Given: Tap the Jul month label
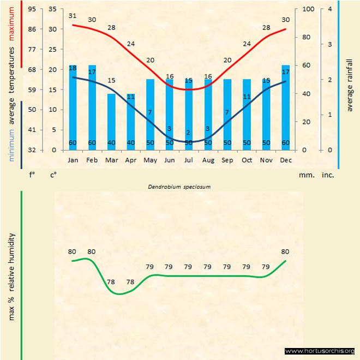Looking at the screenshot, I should coord(189,160).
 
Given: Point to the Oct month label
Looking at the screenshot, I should coord(247,160).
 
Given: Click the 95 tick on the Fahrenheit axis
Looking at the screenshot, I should coord(32,9).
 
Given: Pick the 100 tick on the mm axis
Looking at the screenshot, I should coord(308,9).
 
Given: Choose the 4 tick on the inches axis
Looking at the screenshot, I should coord(329,9).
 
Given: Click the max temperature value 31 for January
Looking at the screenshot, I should coord(73,16).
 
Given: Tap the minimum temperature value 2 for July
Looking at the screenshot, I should coord(188,133).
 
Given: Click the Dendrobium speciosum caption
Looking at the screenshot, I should coord(179,186).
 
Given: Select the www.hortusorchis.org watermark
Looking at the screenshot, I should coord(320,351).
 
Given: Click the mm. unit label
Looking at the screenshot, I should coord(306,175).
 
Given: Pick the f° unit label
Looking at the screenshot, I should coord(32,175).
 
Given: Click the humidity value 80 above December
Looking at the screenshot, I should coord(285,251).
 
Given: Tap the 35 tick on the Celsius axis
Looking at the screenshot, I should coord(52,9).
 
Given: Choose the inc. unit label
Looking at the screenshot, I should coord(328,175).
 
